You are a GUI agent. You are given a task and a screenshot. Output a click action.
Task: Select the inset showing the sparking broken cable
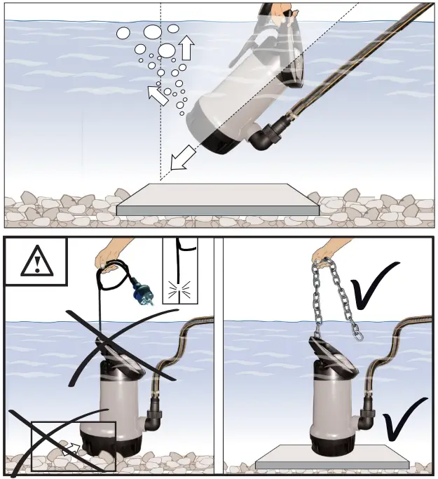(x=179, y=271)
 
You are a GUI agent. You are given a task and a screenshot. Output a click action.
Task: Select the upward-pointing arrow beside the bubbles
(x=186, y=48)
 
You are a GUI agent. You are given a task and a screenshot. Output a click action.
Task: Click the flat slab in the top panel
(x=217, y=198)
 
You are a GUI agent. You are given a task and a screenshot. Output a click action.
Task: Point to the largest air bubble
(x=167, y=50)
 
